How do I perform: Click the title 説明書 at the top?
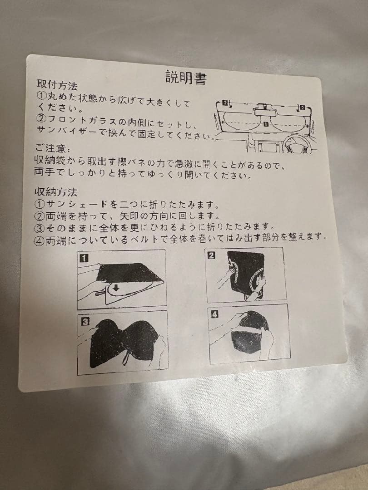(x=186, y=77)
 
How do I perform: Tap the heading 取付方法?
(x=57, y=84)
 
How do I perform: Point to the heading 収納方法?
(x=56, y=191)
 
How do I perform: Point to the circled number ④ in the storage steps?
(x=40, y=241)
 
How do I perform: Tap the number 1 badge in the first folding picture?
(x=84, y=259)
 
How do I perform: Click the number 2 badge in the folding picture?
(x=212, y=255)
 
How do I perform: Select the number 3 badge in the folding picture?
(x=85, y=321)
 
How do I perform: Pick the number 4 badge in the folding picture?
(x=214, y=314)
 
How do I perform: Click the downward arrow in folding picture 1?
(x=116, y=288)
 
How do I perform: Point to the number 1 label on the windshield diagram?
(x=266, y=124)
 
